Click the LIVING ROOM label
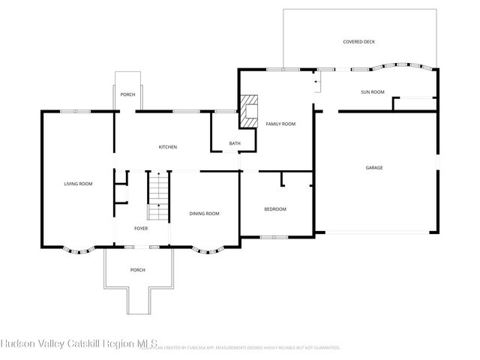pos(78,184)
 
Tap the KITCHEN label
pos(167,147)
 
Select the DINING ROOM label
pos(204,214)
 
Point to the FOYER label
pos(141,228)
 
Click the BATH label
pos(235,143)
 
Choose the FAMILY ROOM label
pos(280,123)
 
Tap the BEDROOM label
pos(275,208)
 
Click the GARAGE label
pos(374,167)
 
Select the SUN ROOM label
pos(373,92)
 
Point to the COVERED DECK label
pos(358,43)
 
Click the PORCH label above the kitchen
pos(127,94)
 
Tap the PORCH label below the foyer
pos(137,270)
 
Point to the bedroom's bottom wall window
pos(274,238)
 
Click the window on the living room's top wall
pos(75,111)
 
